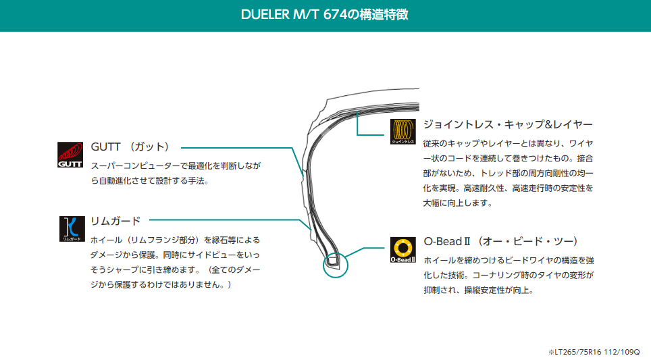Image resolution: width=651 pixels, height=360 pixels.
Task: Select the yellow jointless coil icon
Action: (402, 132)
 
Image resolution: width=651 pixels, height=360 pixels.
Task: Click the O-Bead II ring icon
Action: (402, 249)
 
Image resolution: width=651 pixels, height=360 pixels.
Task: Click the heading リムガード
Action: (115, 220)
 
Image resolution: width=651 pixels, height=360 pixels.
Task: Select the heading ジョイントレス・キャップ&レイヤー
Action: (508, 125)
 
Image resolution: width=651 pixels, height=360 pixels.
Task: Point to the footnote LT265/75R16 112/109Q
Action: (595, 352)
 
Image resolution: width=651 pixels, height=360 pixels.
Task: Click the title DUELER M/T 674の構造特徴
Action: (325, 14)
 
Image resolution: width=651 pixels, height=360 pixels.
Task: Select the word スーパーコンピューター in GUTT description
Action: (134, 165)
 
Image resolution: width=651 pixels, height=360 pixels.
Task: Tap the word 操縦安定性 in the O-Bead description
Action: (477, 291)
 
